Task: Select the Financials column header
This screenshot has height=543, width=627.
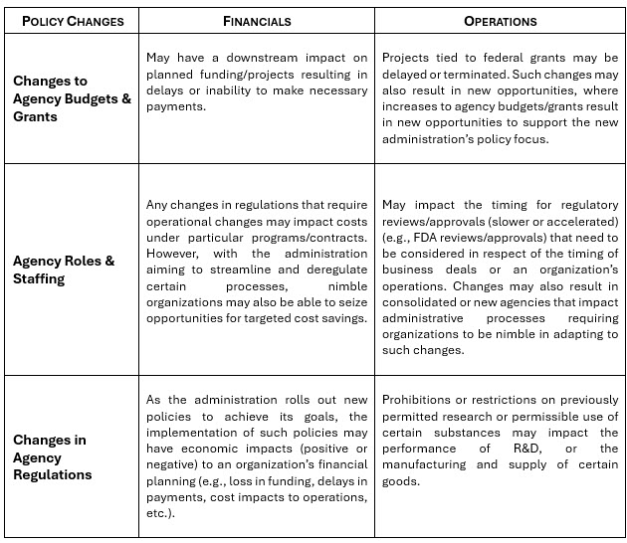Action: [256, 20]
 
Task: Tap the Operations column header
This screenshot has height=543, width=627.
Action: [501, 20]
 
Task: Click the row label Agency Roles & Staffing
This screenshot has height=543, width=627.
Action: [64, 270]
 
